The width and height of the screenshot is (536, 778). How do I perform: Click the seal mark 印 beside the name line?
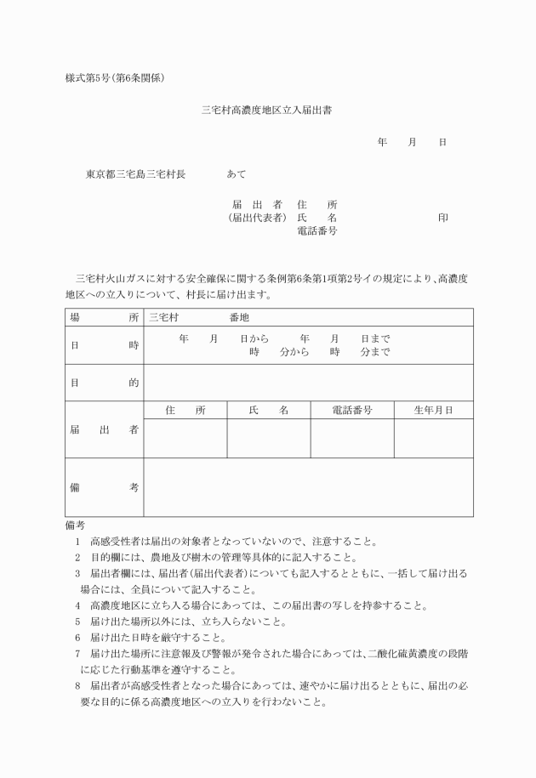coord(442,218)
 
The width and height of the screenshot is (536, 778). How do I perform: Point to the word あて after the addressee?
coord(237,174)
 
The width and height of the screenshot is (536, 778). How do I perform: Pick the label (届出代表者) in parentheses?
coord(256,218)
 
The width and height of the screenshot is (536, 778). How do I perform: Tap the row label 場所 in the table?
coord(104,317)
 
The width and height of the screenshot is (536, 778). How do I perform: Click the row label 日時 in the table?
coord(104,345)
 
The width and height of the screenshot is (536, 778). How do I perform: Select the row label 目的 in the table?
coord(104,383)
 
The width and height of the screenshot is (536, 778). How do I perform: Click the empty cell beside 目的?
coord(308,383)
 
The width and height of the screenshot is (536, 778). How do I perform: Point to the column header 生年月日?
coord(433,410)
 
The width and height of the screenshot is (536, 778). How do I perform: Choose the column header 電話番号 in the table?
coord(352,410)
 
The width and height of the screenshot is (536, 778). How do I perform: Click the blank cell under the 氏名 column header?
coord(268,438)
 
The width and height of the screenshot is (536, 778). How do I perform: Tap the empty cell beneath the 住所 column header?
coord(185,438)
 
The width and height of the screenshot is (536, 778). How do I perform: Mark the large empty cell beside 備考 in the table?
coord(308,487)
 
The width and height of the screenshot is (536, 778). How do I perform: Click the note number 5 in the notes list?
coord(77,622)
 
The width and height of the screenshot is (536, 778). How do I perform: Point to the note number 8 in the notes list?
coord(77,686)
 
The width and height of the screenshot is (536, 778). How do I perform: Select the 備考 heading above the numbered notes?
coord(75,525)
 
